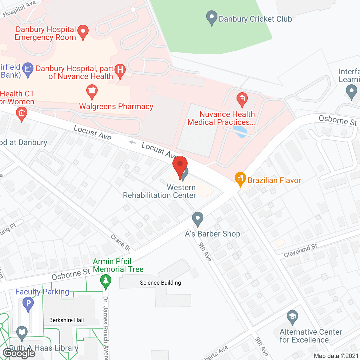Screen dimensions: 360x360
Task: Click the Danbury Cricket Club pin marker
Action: click(211, 18)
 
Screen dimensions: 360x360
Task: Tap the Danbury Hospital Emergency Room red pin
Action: click(83, 32)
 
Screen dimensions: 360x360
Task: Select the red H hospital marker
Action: click(120, 71)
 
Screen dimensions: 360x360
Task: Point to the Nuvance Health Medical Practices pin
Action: click(242, 100)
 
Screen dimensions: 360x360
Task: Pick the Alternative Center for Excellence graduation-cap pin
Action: click(292, 317)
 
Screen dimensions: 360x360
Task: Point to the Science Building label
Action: click(160, 283)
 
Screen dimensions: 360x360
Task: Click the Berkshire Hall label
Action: click(66, 320)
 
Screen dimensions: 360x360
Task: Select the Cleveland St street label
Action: click(300, 250)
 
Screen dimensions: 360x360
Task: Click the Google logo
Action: click(19, 353)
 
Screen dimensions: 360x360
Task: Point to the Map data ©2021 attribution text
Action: click(336, 356)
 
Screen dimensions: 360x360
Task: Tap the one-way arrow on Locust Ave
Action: click(132, 142)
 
